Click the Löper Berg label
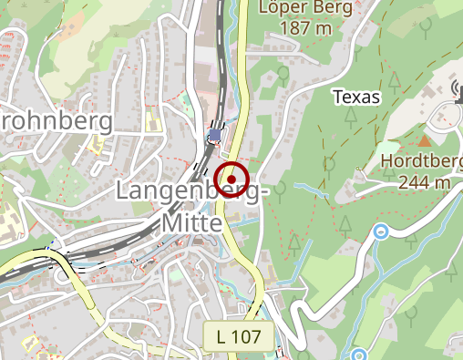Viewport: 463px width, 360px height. tap(295, 8)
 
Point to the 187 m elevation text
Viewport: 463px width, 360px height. tap(295, 28)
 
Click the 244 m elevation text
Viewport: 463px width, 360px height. tap(425, 181)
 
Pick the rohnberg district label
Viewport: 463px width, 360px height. tap(57, 120)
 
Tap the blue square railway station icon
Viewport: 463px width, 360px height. tap(214, 135)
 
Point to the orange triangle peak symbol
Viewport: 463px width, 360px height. tap(425, 140)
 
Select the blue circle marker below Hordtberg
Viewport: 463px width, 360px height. tap(382, 231)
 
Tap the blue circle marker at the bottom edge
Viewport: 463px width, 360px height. tap(358, 354)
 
